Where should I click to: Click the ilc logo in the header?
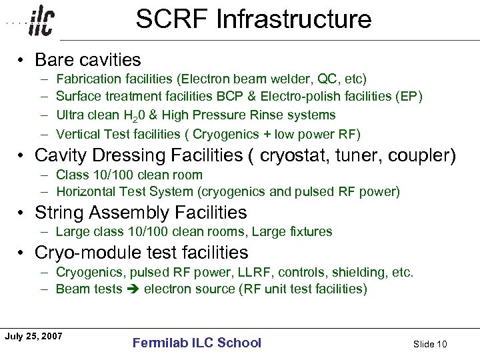point(42,22)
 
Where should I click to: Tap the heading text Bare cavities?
point(87,60)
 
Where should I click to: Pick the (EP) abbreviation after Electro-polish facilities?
point(409,97)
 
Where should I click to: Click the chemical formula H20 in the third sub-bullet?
point(137,116)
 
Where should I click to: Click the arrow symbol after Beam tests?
point(133,289)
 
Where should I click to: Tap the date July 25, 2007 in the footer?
point(33,336)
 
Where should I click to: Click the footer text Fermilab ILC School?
point(197,343)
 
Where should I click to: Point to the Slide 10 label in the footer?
point(430,344)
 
